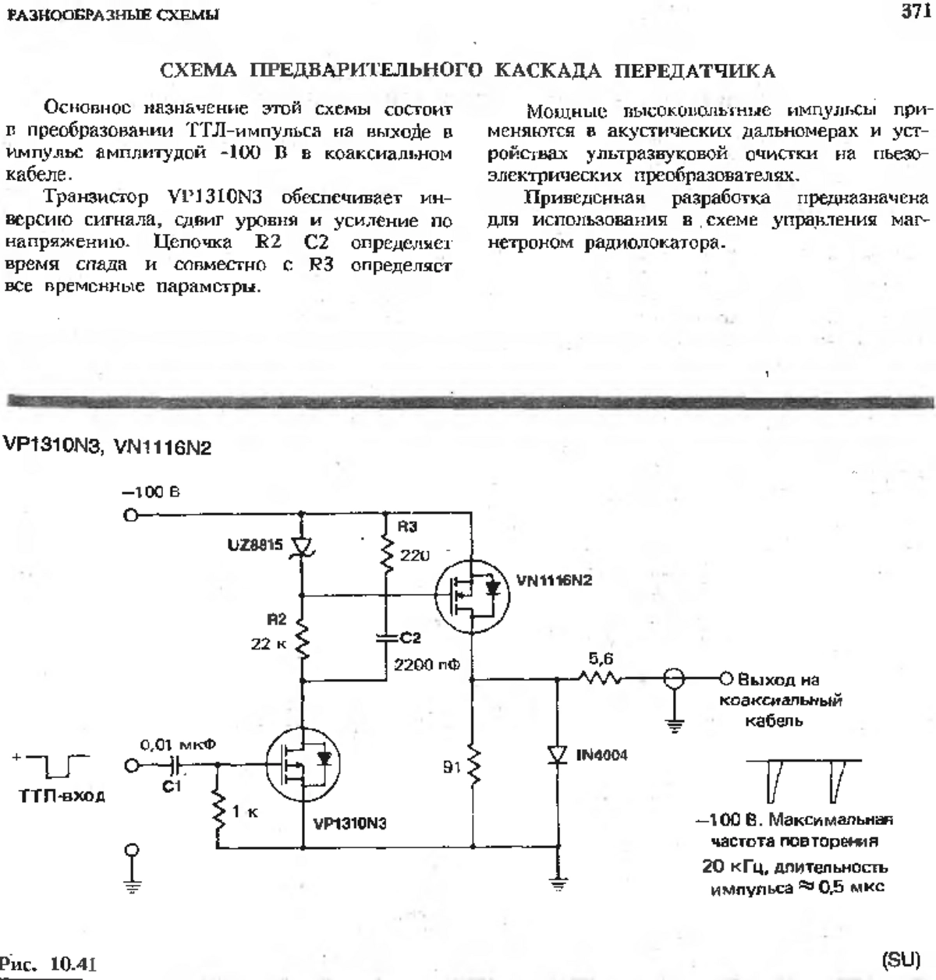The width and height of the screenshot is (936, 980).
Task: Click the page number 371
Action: pyautogui.click(x=916, y=11)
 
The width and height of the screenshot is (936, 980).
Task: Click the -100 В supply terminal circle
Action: pyautogui.click(x=130, y=515)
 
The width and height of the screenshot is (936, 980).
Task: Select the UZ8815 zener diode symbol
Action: pyautogui.click(x=302, y=547)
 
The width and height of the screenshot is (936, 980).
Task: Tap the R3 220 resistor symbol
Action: pyautogui.click(x=386, y=554)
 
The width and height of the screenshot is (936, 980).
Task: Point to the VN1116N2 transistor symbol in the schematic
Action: pyautogui.click(x=472, y=596)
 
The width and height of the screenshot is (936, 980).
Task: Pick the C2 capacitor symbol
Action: pyautogui.click(x=386, y=639)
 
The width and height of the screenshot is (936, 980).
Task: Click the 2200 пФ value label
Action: pyautogui.click(x=427, y=665)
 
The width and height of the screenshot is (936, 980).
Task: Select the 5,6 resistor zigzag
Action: pyautogui.click(x=600, y=678)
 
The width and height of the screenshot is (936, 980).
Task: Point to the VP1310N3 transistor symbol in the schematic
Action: pyautogui.click(x=303, y=766)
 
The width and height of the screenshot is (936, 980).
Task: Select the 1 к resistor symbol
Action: pyautogui.click(x=218, y=811)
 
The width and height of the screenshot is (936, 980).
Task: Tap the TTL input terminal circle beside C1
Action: pyautogui.click(x=131, y=766)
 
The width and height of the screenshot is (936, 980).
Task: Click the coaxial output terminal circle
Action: pyautogui.click(x=725, y=679)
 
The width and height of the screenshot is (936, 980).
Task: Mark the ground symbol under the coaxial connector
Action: pyautogui.click(x=674, y=726)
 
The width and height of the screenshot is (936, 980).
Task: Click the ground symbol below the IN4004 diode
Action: pyautogui.click(x=558, y=884)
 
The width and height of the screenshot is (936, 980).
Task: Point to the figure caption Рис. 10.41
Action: pyautogui.click(x=47, y=964)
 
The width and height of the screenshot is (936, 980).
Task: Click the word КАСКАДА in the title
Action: pyautogui.click(x=547, y=72)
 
